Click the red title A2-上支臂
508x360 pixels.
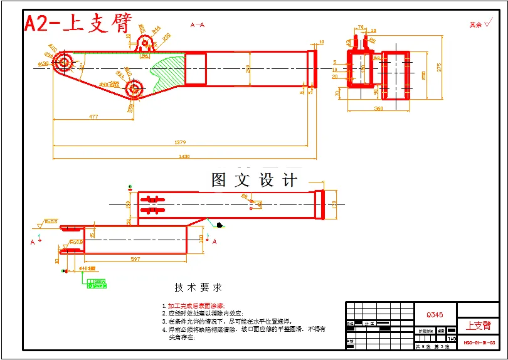click(x=78, y=23)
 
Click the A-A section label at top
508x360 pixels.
click(x=197, y=25)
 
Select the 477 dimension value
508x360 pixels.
click(x=93, y=116)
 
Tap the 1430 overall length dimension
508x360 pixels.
click(x=184, y=156)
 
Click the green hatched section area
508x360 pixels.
click(x=164, y=73)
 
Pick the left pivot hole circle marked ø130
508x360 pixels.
click(x=63, y=62)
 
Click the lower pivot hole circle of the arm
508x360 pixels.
click(x=134, y=89)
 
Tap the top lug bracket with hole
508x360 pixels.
click(x=146, y=43)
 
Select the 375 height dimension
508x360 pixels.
click(x=440, y=68)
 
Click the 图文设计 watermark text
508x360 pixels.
click(x=254, y=181)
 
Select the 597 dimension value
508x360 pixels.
click(x=134, y=259)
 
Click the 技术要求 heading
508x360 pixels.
click(x=198, y=287)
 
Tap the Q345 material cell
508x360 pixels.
click(x=435, y=315)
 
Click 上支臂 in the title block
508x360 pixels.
click(x=478, y=326)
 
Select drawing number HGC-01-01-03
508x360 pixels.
click(x=479, y=343)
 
